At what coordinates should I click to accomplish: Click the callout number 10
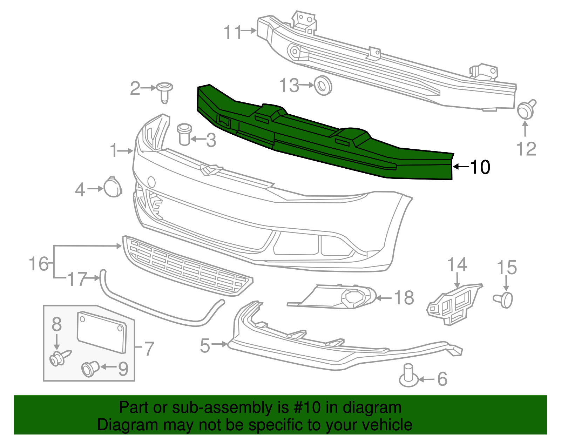[x=480, y=167]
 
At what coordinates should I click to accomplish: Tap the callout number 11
[x=233, y=32]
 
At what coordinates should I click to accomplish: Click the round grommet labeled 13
[x=323, y=86]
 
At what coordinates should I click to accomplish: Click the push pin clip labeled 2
[x=164, y=91]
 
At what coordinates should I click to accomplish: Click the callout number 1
[x=114, y=150]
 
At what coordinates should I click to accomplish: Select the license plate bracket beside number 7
[x=102, y=332]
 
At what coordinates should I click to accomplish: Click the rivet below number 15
[x=504, y=299]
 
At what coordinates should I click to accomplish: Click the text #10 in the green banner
[x=305, y=407]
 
